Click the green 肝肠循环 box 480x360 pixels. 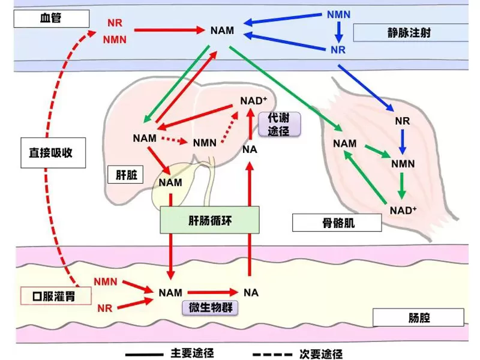209,220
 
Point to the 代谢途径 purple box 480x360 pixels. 278,125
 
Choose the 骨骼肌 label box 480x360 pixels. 337,223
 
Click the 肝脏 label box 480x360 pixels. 127,175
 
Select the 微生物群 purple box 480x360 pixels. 210,308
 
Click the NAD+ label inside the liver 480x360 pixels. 254,100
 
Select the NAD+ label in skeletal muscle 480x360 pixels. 403,211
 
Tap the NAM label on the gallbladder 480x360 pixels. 170,182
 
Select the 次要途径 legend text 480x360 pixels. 320,353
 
